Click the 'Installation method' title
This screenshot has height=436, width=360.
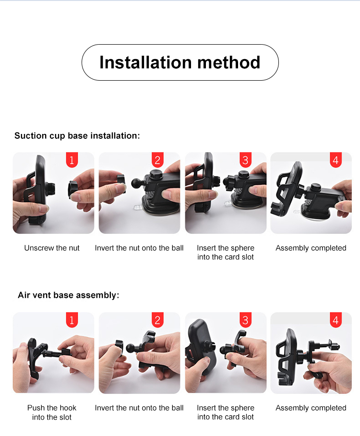[x=180, y=62]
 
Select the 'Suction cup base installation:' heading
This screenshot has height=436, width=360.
[x=77, y=135]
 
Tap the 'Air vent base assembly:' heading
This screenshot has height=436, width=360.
[x=68, y=295]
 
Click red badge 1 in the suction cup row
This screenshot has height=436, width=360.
[x=72, y=160]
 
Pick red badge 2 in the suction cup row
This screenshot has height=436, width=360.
[x=157, y=160]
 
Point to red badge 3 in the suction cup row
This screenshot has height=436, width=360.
[x=245, y=160]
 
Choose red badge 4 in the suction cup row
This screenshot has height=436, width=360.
[x=336, y=160]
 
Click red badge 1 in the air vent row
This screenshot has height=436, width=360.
[x=72, y=320]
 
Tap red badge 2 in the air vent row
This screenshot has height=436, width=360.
[x=157, y=320]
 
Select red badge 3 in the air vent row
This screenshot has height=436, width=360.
[x=245, y=320]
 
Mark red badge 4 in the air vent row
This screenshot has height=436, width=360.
[x=336, y=320]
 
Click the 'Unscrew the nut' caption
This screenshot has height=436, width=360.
[x=52, y=248]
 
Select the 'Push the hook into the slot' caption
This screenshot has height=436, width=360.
[x=52, y=412]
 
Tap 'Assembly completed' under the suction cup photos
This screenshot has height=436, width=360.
[x=311, y=248]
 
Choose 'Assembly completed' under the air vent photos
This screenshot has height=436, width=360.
[x=311, y=408]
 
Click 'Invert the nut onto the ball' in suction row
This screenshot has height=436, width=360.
[x=139, y=248]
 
